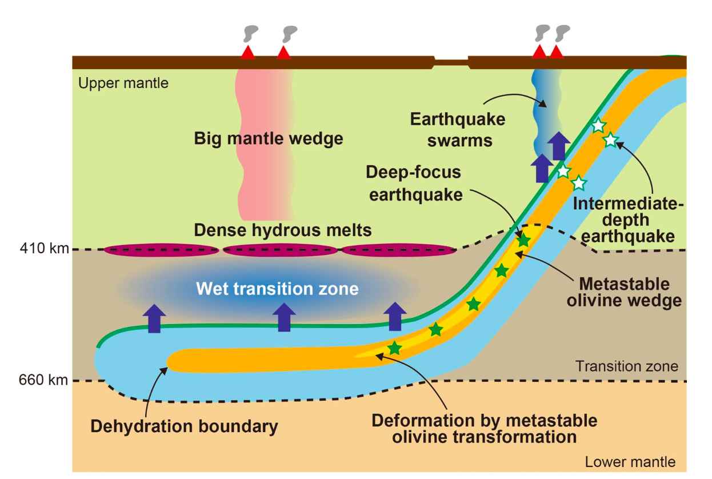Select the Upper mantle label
point(123,83)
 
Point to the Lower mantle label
point(630,462)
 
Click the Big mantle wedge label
point(269,138)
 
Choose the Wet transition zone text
point(277,289)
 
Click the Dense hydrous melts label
point(283,230)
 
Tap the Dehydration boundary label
point(184,426)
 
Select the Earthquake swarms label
point(458,130)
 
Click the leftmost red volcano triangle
point(247,53)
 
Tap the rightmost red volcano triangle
point(557,53)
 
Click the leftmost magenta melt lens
point(161,250)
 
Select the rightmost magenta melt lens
point(399,250)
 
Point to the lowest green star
point(394,348)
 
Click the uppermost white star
point(598,125)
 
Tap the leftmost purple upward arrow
point(154,318)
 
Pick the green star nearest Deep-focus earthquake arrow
point(523,241)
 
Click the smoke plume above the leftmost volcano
point(249,34)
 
